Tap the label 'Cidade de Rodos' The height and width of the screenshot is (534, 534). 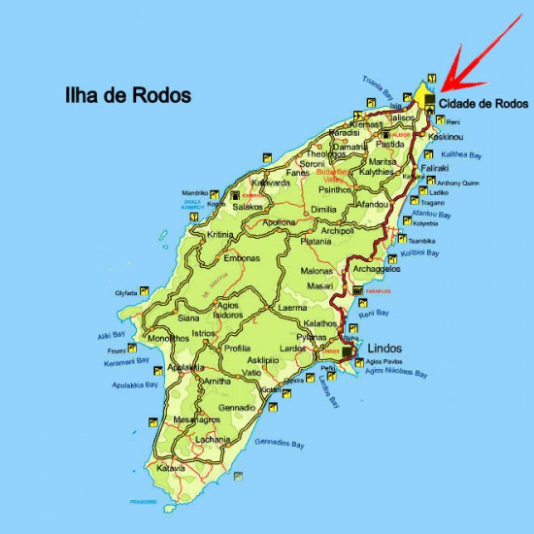tap(482, 103)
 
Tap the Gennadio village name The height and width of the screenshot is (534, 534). tap(237, 407)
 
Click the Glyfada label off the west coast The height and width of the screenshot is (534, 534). tap(126, 291)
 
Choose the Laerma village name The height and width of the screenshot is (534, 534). tap(292, 308)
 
